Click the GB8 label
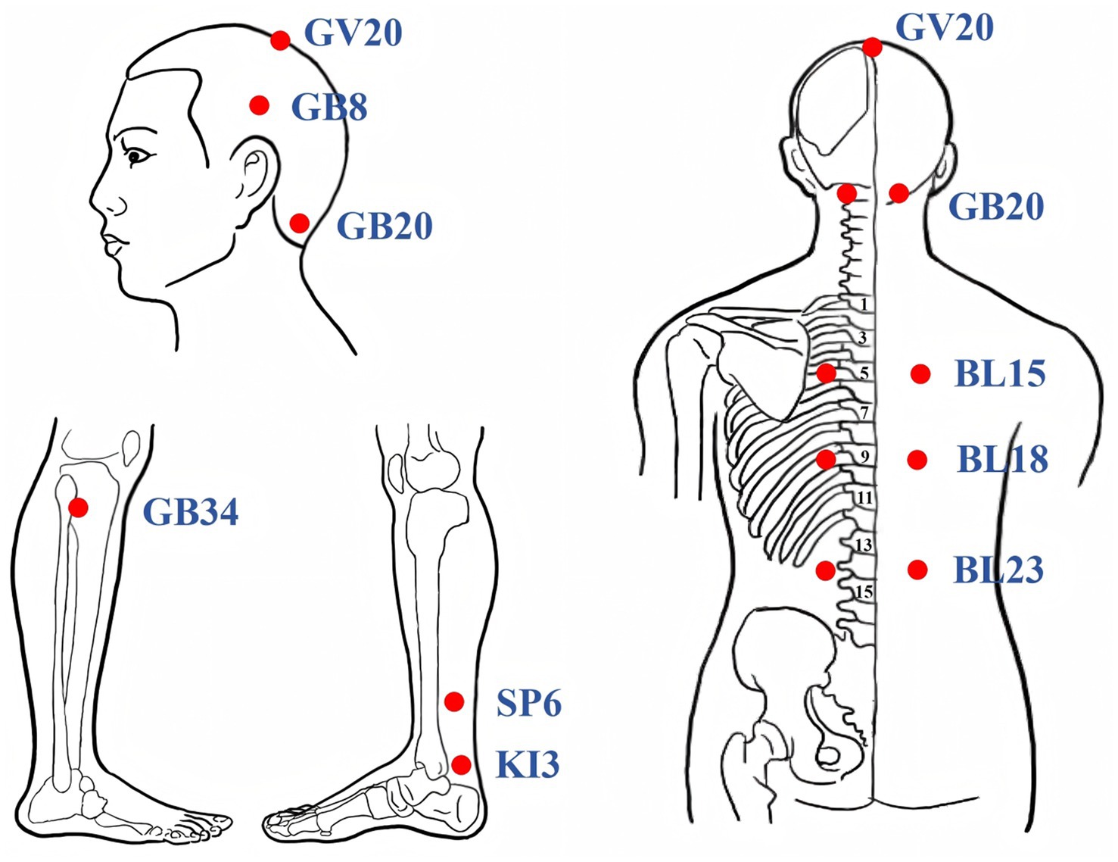click(329, 107)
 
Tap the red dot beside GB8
click(260, 105)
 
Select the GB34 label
click(191, 512)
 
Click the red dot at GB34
click(78, 508)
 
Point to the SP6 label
click(528, 704)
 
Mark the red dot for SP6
click(454, 702)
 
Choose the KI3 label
click(528, 764)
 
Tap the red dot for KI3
click(461, 764)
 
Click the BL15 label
click(1000, 373)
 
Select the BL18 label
click(1002, 459)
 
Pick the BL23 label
click(998, 570)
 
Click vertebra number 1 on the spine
click(864, 305)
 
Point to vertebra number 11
click(864, 498)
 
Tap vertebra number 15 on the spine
click(864, 592)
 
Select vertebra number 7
click(864, 413)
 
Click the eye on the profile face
click(136, 156)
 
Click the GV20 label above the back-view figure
click(944, 28)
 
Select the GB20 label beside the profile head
click(385, 226)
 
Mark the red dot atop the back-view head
click(872, 47)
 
